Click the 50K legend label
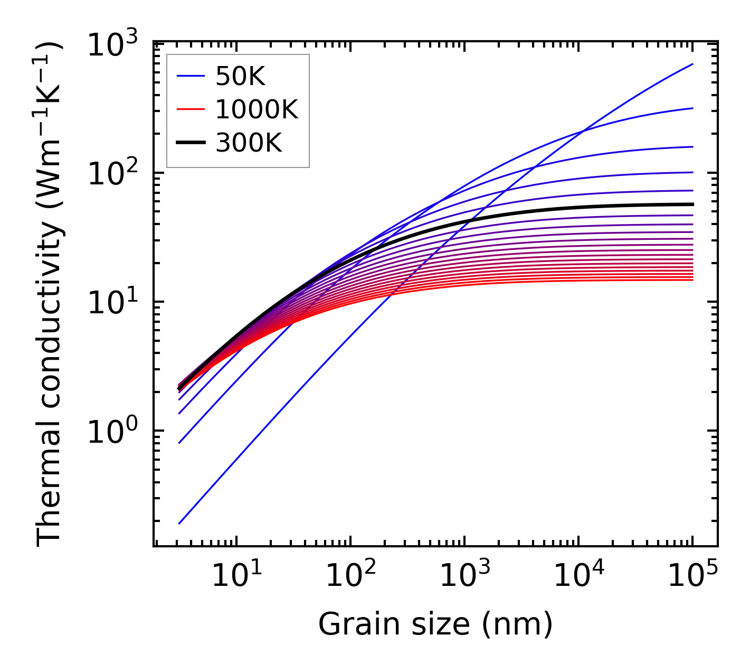point(240,77)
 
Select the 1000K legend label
point(257,110)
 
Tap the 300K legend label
point(249,143)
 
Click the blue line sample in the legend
point(191,77)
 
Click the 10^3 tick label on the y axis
point(112,44)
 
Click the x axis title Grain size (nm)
point(435,624)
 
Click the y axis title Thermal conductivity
point(50,294)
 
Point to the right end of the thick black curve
point(692,204)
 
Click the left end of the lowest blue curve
point(179,524)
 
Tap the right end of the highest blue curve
point(692,64)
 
